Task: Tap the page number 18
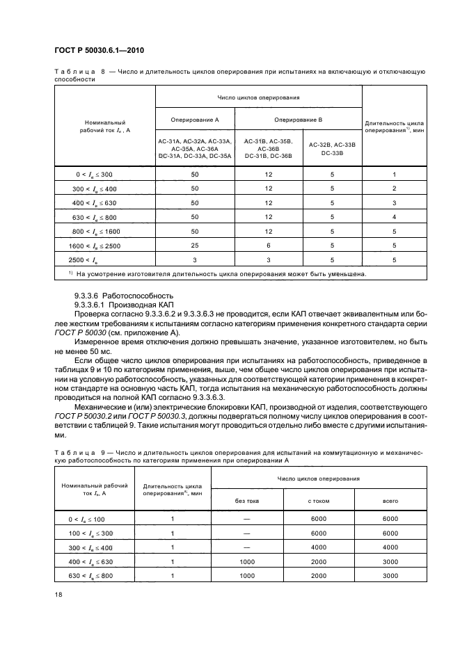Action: click(58, 593)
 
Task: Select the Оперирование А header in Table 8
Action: click(194, 120)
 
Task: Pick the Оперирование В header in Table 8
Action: click(298, 120)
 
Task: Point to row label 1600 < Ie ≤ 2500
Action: click(104, 246)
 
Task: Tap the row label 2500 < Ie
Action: click(104, 260)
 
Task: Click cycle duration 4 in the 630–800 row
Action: click(394, 217)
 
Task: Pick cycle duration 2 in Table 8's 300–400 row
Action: click(394, 188)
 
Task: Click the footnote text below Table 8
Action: click(218, 273)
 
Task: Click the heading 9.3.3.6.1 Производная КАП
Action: click(122, 305)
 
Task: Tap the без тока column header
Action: click(247, 500)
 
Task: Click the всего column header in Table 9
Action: click(390, 500)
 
